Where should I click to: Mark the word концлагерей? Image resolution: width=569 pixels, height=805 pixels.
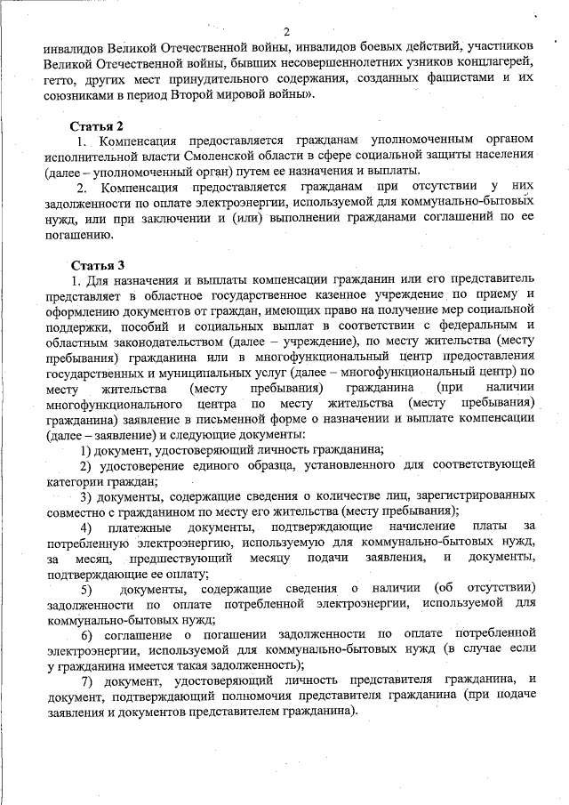495,62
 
